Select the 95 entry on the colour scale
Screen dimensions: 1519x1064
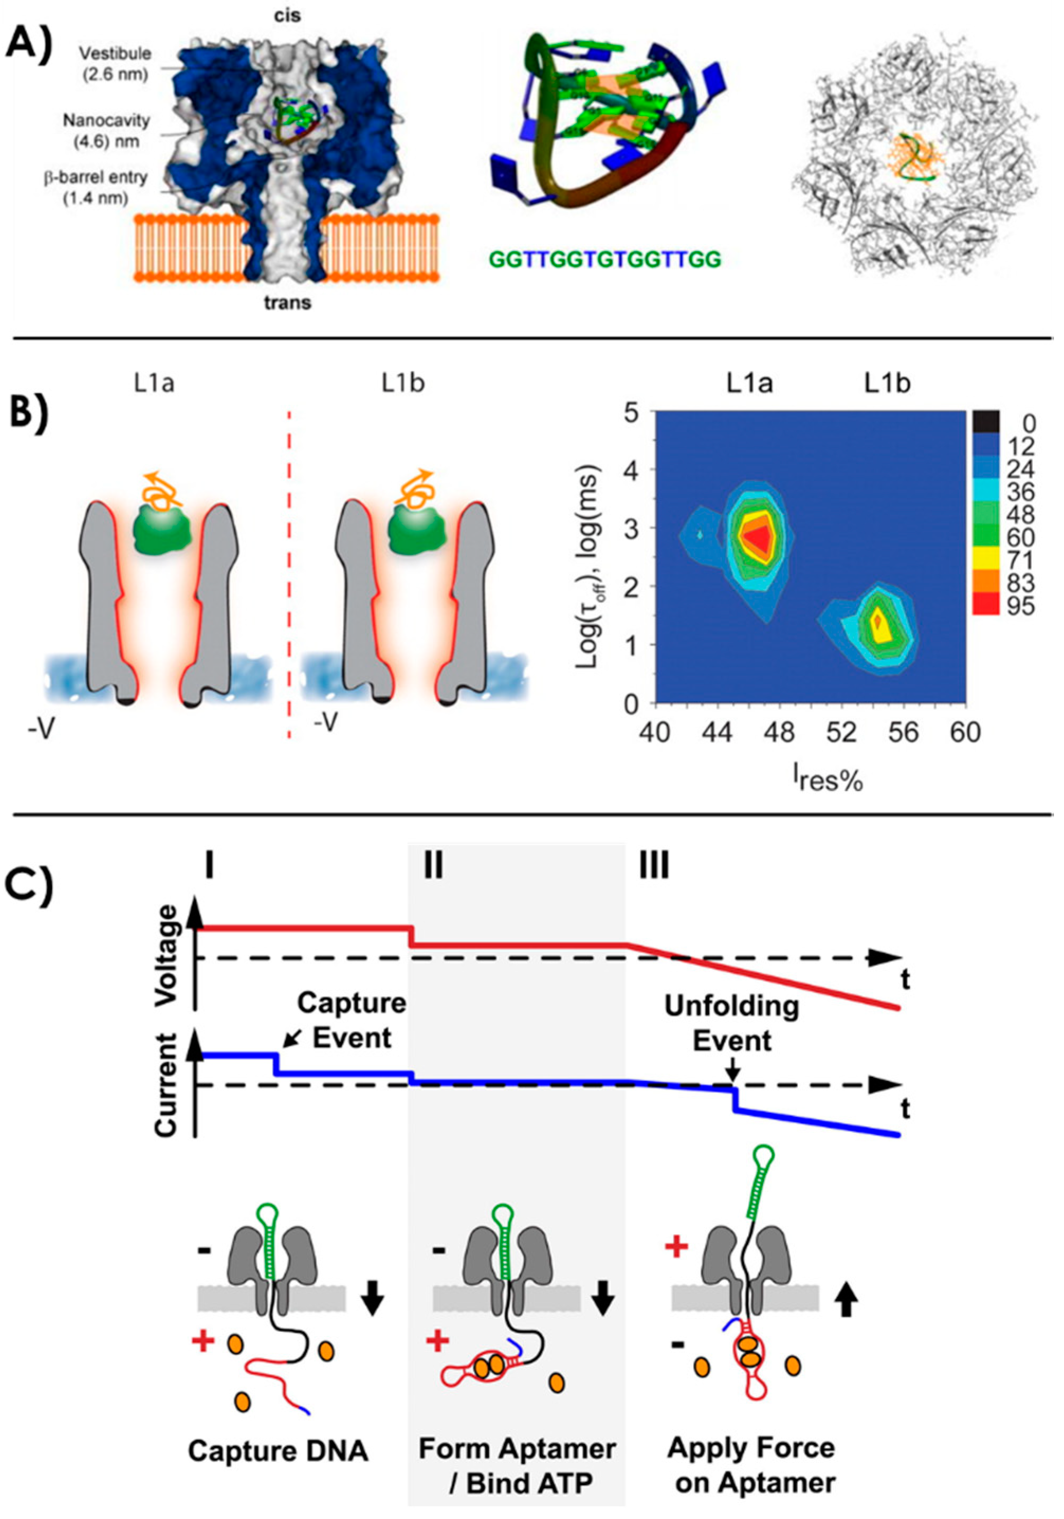tap(1019, 606)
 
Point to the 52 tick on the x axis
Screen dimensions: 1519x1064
tap(842, 733)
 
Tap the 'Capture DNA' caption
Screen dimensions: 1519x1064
tap(278, 1451)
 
